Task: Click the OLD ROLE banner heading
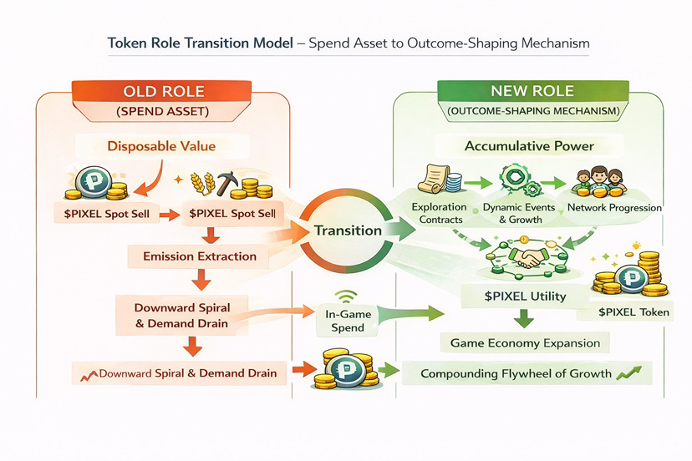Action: (x=164, y=91)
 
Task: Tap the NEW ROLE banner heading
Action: (x=532, y=91)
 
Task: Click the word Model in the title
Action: (x=272, y=43)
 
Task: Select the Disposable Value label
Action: (x=161, y=146)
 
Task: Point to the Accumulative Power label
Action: (x=529, y=146)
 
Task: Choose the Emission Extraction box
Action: (x=200, y=256)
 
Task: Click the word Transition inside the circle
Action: (x=348, y=230)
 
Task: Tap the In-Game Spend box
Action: (x=348, y=321)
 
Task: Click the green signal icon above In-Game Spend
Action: (x=346, y=296)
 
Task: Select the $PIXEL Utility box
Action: (x=525, y=296)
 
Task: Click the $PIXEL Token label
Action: (x=633, y=312)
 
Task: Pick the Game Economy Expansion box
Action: (x=525, y=342)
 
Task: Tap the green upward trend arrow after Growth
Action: (x=628, y=372)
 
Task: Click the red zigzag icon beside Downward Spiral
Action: (x=89, y=376)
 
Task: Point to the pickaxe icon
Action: (x=226, y=181)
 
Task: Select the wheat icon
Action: (x=202, y=183)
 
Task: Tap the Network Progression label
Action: (x=614, y=207)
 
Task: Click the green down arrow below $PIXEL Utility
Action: (x=524, y=318)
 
